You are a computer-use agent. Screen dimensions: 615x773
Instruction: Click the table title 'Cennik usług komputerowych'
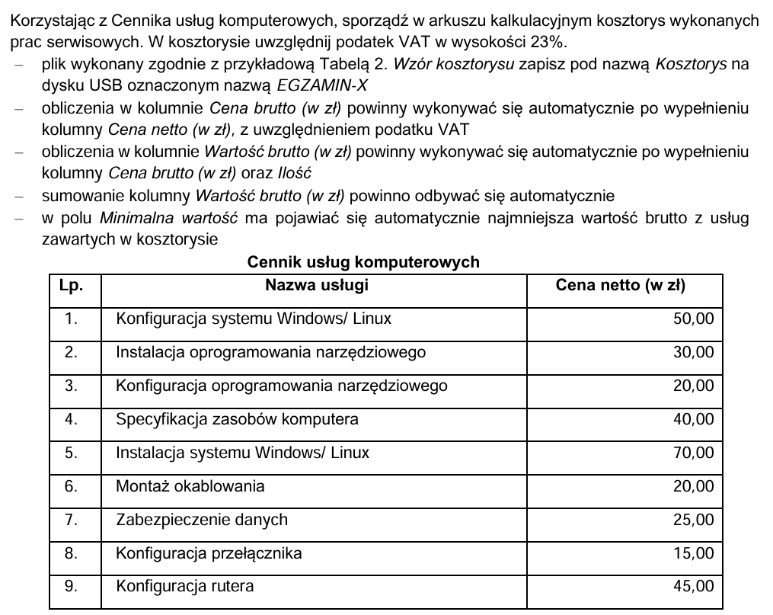[x=363, y=262]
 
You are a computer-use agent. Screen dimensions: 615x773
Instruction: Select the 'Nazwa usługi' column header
[x=317, y=286]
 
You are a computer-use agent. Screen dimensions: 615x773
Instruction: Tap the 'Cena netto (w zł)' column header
[x=621, y=286]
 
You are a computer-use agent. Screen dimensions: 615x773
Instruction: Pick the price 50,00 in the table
[x=694, y=319]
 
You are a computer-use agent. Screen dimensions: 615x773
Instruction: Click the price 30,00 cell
[x=694, y=352]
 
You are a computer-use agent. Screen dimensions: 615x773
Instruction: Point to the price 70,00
[x=694, y=453]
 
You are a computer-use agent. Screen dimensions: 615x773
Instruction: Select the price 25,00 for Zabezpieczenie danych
[x=694, y=520]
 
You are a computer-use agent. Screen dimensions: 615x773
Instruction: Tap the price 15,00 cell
[x=694, y=553]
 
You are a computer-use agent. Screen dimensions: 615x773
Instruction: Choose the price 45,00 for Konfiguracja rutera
[x=694, y=587]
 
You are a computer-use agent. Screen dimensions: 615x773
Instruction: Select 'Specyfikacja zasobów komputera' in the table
[x=237, y=419]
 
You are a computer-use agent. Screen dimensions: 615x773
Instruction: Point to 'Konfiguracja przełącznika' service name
[x=209, y=553]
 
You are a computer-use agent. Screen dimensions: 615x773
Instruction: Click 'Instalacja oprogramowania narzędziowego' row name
[x=270, y=352]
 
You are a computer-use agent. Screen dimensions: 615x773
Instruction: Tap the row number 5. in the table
[x=72, y=453]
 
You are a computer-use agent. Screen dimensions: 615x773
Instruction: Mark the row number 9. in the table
[x=72, y=587]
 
